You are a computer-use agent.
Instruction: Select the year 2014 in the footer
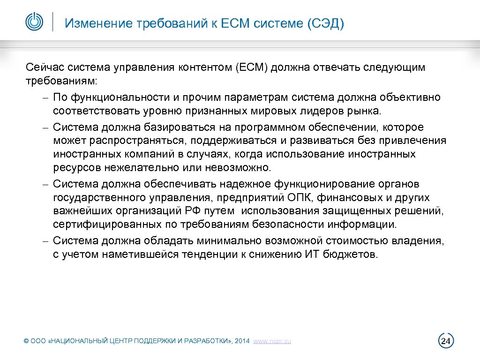coord(242,341)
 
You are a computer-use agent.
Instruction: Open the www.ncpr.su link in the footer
coord(272,341)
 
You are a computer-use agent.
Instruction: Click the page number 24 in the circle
coord(446,340)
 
